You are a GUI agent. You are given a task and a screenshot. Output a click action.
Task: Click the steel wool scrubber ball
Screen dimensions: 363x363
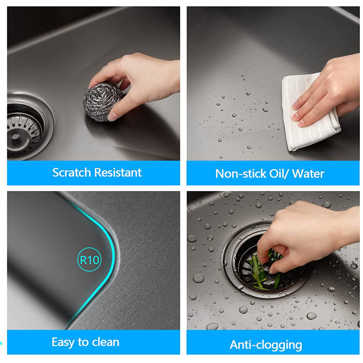click(102, 101)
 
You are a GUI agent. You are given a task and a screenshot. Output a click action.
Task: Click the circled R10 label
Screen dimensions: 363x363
click(89, 260)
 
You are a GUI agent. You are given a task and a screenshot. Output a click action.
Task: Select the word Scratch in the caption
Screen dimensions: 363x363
click(72, 172)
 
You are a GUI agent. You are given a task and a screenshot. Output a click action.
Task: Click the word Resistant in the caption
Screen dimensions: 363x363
click(118, 172)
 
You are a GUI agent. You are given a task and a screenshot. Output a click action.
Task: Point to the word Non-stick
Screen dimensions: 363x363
click(240, 174)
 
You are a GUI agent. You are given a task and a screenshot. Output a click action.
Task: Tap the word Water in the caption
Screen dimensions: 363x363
click(308, 174)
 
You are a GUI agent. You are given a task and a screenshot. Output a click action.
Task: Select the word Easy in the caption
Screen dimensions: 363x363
click(63, 343)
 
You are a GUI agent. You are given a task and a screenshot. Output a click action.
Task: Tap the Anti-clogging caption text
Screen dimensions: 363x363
click(266, 345)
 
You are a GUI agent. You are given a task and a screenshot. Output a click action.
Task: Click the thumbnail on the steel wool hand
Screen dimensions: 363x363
click(113, 117)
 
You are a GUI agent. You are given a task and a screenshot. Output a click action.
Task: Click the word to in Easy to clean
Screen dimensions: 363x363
click(82, 343)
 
